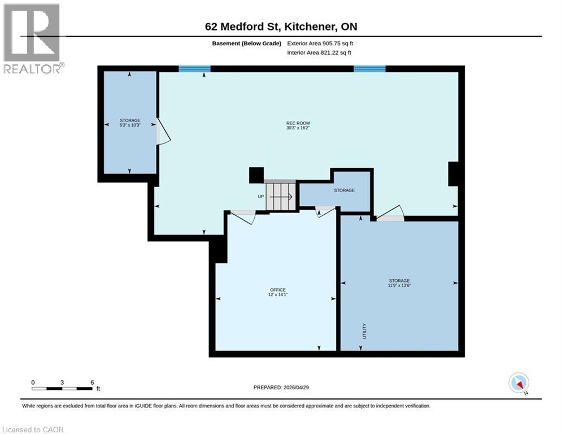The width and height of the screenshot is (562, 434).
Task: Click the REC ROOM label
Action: [298, 123]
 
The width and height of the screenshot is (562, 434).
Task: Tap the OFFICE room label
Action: [277, 290]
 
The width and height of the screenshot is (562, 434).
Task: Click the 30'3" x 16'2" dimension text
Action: [298, 128]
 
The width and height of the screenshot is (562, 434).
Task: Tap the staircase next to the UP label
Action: [280, 196]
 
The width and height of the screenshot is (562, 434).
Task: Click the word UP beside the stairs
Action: [260, 197]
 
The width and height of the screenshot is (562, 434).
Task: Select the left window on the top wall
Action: [194, 69]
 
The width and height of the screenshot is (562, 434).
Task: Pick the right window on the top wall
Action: [369, 69]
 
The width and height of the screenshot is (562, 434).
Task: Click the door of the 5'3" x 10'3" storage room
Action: [162, 132]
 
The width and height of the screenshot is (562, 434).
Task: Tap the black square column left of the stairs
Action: [256, 175]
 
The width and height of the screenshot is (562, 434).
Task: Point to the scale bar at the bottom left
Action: [62, 388]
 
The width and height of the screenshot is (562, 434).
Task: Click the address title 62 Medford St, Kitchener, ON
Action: [281, 27]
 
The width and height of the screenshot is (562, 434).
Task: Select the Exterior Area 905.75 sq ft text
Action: [320, 43]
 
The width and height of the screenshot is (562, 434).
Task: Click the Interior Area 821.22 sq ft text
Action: [319, 53]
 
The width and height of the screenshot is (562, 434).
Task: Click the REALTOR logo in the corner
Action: [33, 38]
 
